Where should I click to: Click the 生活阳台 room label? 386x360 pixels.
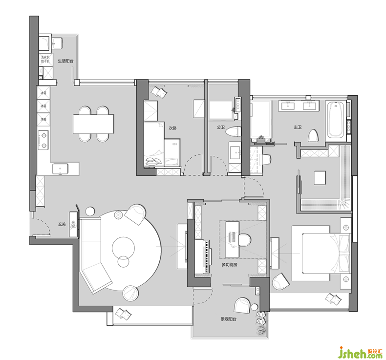pos(65,61)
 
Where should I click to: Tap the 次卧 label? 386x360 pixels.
pos(172,128)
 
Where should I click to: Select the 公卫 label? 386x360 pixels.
pos(220,127)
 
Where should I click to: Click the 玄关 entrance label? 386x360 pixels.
pos(62,224)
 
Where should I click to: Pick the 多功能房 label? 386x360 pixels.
pos(229,264)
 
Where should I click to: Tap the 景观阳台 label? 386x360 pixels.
pos(228,319)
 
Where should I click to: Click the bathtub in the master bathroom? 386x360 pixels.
pos(335,119)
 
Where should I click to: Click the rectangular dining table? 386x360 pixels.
pos(93,124)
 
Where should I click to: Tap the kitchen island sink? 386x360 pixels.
pos(61,169)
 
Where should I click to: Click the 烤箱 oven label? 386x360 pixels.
pos(43,119)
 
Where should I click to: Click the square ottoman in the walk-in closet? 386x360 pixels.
pos(321,177)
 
